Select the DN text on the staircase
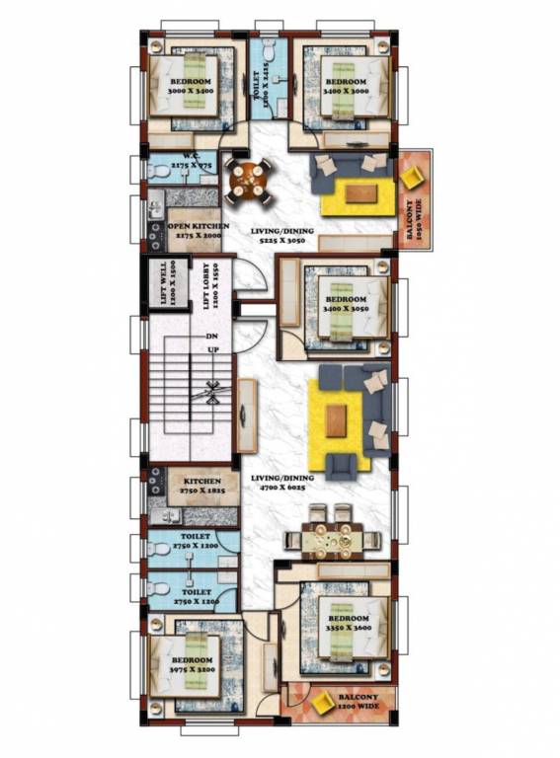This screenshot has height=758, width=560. [x=211, y=337]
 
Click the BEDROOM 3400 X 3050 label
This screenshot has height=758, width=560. [x=346, y=304]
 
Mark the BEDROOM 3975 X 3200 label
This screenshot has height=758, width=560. [x=192, y=665]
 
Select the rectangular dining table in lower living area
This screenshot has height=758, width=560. [x=332, y=539]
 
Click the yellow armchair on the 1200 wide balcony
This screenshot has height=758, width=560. [x=323, y=703]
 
